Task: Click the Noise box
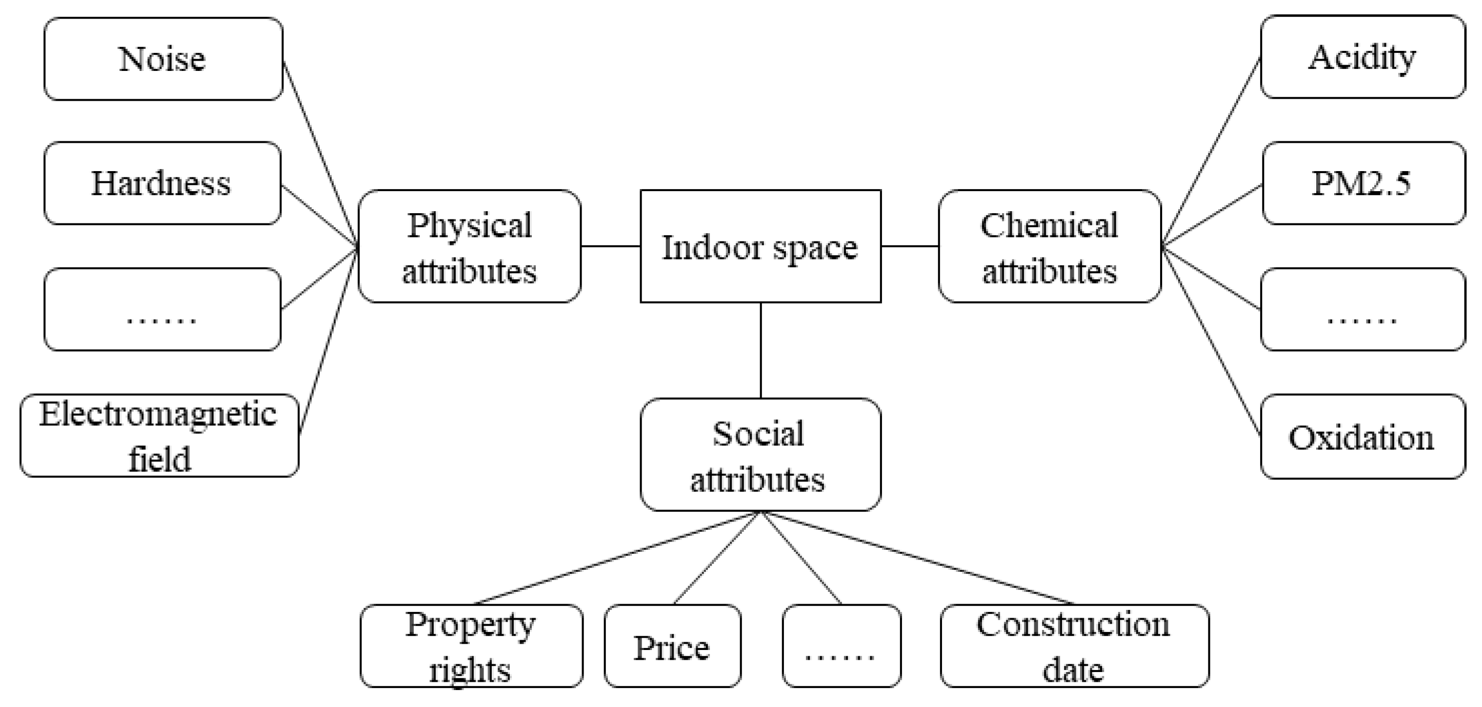click(163, 59)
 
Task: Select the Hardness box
click(162, 183)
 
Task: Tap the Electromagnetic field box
click(159, 436)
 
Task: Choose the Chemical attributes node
click(1049, 247)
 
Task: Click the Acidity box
click(1362, 57)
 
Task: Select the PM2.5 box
click(1363, 183)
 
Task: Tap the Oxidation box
click(1362, 436)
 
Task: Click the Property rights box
click(471, 646)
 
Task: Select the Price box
click(672, 646)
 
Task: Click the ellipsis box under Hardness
click(162, 309)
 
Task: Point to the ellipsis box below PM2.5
click(1362, 309)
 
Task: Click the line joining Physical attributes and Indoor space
click(610, 247)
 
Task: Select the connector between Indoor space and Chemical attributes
click(910, 247)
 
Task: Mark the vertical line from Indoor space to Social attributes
click(761, 350)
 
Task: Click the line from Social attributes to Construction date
click(920, 559)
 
